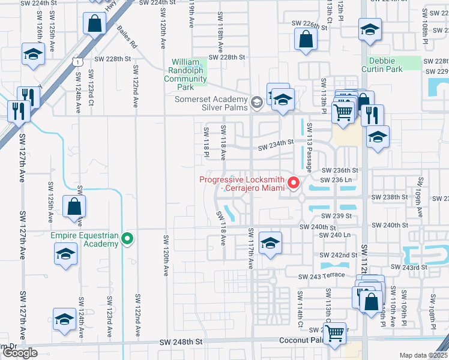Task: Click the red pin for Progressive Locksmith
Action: [294, 183]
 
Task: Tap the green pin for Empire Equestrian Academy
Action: [127, 239]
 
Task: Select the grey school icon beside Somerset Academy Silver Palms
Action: [256, 102]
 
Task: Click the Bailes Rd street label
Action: [127, 37]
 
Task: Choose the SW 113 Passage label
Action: [310, 148]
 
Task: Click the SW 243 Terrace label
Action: [322, 275]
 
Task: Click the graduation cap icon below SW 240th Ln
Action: [270, 244]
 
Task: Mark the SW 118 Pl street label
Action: [206, 142]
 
